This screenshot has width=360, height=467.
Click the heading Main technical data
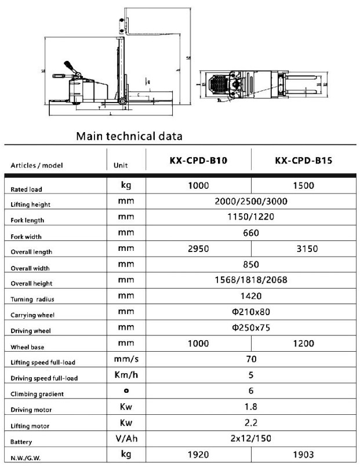(129, 137)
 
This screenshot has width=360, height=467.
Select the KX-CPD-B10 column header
(198, 160)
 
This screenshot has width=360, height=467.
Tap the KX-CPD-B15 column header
(303, 160)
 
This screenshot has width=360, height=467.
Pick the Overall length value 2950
(198, 249)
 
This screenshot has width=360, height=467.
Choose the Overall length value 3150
(303, 249)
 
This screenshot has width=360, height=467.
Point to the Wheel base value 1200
(303, 344)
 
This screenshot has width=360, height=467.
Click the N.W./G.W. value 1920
(198, 455)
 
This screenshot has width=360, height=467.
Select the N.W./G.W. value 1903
(303, 455)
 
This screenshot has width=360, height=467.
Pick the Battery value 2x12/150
(251, 439)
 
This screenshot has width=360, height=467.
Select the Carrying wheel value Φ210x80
(251, 312)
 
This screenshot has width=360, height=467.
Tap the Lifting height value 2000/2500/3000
(251, 201)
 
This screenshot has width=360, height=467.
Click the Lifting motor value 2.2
(251, 423)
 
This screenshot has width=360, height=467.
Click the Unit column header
(121, 165)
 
